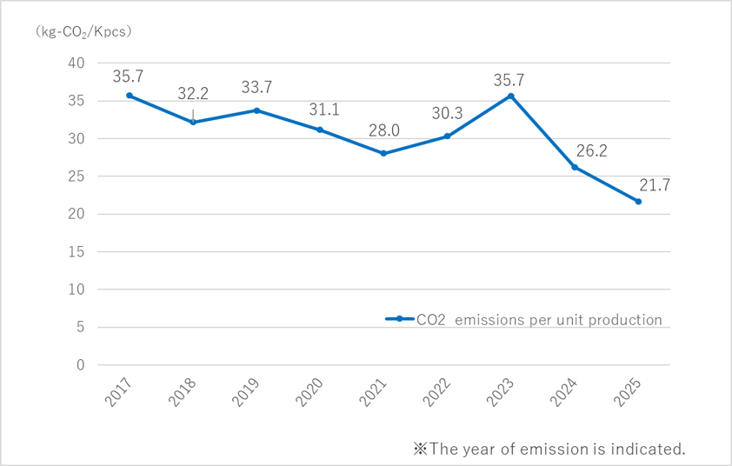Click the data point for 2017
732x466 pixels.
(x=130, y=96)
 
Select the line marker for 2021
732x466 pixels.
(x=383, y=153)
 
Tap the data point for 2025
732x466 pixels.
(x=638, y=202)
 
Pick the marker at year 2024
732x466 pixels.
(x=575, y=167)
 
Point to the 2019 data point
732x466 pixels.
(x=256, y=110)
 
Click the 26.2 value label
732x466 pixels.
(x=576, y=150)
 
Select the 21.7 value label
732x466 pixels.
(x=639, y=184)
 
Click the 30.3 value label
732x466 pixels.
(x=448, y=115)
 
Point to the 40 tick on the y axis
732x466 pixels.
(x=77, y=63)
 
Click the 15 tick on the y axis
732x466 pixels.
(x=77, y=252)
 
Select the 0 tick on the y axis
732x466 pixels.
(x=80, y=365)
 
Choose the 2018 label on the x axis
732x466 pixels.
(x=187, y=392)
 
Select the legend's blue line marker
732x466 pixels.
(x=399, y=319)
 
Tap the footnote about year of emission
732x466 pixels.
(x=549, y=449)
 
